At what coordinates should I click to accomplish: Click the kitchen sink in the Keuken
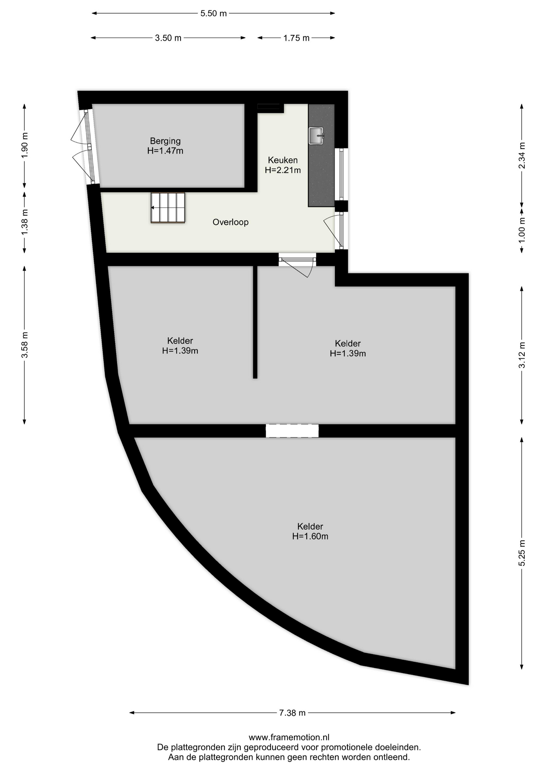click(x=316, y=136)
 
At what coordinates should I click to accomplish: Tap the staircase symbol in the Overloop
click(x=168, y=207)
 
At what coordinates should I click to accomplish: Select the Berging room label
click(x=165, y=141)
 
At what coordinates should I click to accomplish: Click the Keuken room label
click(x=283, y=160)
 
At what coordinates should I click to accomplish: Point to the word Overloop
click(x=230, y=222)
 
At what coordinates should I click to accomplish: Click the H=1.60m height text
click(x=310, y=536)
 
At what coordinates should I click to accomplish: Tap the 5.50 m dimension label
click(x=213, y=13)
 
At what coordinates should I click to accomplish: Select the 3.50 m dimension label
click(x=168, y=38)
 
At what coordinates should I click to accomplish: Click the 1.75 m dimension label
click(x=296, y=38)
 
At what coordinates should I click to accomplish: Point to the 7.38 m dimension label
click(x=292, y=713)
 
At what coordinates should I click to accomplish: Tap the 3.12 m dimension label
click(x=522, y=355)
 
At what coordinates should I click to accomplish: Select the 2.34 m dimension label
click(x=522, y=156)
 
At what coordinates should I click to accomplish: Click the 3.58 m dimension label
click(x=25, y=345)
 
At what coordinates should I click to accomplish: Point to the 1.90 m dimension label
click(x=25, y=145)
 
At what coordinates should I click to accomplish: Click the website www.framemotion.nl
click(x=289, y=737)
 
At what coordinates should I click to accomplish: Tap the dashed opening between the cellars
click(x=292, y=431)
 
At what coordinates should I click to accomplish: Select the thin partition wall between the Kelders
click(x=255, y=322)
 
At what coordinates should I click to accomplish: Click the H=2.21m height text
click(x=283, y=170)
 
